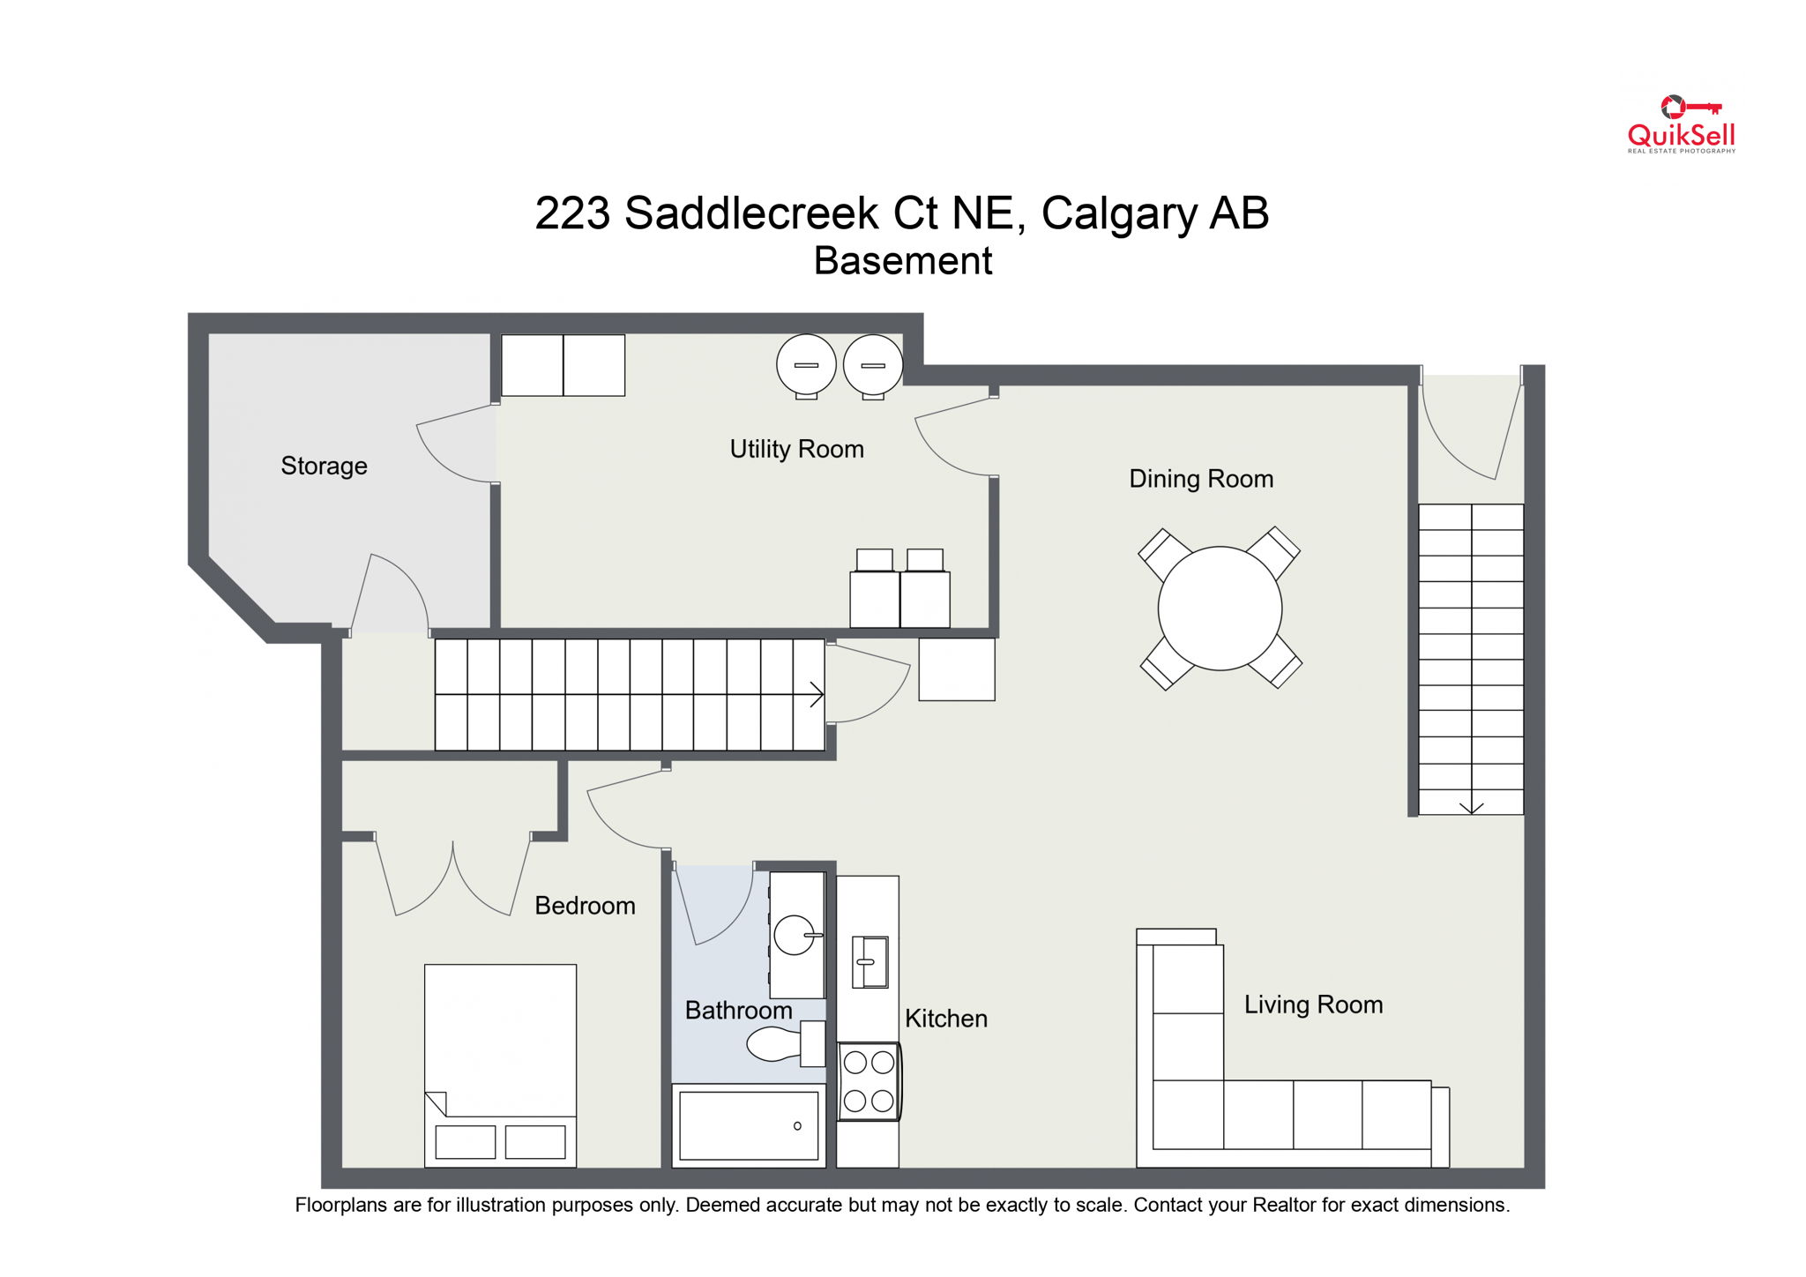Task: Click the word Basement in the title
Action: coord(902,261)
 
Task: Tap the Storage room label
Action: coord(324,466)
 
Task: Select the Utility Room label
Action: coord(796,449)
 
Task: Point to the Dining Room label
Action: coord(1200,479)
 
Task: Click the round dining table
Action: coord(1219,609)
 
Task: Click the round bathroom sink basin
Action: coord(794,935)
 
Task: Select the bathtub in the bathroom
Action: coord(748,1125)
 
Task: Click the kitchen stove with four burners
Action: coord(868,1081)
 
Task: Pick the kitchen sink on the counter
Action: coord(869,961)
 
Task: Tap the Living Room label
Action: coord(1312,1004)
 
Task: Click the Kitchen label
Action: coord(945,1019)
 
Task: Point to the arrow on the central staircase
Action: coord(815,695)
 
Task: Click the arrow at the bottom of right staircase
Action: coord(1471,807)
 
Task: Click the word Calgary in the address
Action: coord(1118,213)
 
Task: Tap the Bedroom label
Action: coord(585,906)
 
